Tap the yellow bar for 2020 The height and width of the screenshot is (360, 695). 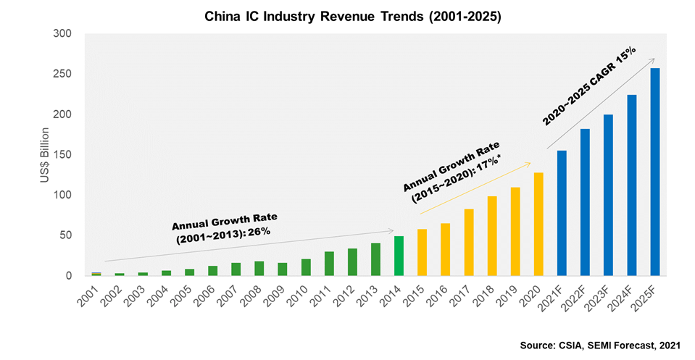(538, 224)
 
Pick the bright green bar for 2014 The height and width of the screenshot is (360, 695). (399, 256)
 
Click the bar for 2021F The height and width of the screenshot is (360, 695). (562, 213)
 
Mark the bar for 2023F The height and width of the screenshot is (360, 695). (608, 195)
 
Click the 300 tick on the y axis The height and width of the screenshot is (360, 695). (63, 34)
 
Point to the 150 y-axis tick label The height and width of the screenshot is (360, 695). (63, 155)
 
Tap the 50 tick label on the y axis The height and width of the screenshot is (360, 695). (66, 235)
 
